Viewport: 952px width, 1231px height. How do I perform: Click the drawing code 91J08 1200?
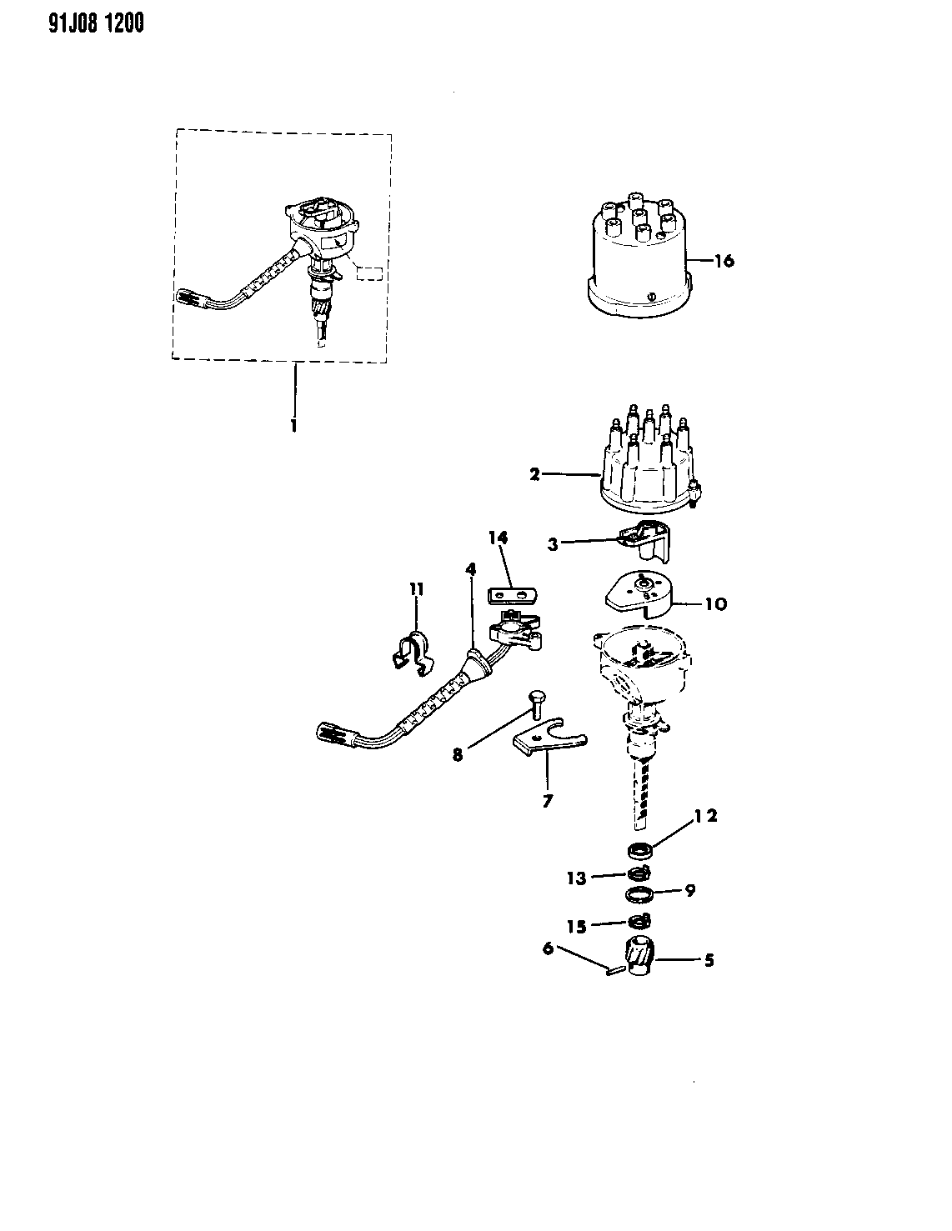[96, 23]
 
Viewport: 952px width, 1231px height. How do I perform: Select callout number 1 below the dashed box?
[293, 425]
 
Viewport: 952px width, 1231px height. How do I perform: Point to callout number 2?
[534, 474]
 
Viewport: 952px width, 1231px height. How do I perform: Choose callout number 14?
[499, 537]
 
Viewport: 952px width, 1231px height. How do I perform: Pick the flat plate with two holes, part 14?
[512, 597]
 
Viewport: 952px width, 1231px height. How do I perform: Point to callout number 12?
[706, 816]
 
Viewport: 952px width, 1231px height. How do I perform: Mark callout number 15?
[577, 927]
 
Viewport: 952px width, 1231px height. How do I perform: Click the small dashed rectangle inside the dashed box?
[369, 273]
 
